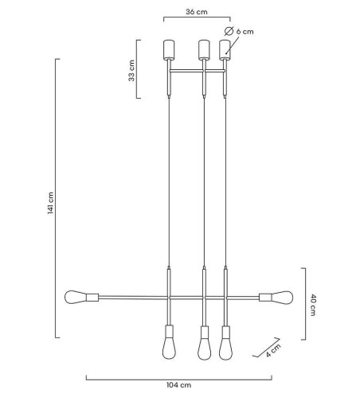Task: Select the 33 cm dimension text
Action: click(x=131, y=70)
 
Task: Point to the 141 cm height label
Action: click(x=49, y=203)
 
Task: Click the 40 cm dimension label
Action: click(x=314, y=305)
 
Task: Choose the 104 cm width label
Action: click(x=178, y=385)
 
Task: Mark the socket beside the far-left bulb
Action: click(x=92, y=298)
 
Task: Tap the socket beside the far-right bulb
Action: click(x=266, y=298)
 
